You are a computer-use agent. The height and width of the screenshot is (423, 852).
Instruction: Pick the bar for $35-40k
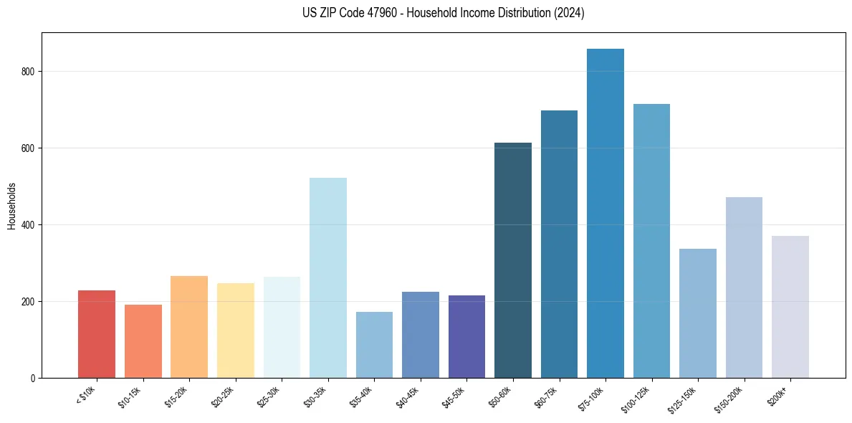[x=374, y=345]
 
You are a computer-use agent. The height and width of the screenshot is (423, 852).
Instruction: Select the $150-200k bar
[x=744, y=287]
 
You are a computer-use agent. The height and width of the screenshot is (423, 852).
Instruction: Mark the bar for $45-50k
[x=466, y=337]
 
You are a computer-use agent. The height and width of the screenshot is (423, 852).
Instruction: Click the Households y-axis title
[x=11, y=205]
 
